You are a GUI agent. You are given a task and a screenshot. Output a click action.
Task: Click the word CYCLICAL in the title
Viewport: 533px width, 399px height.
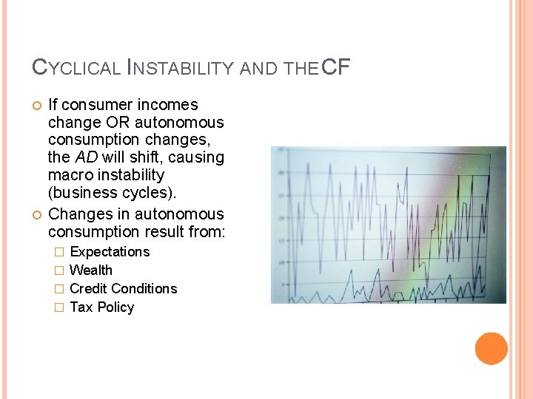tap(76, 69)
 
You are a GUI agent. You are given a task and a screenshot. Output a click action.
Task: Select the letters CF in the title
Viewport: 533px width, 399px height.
tap(336, 68)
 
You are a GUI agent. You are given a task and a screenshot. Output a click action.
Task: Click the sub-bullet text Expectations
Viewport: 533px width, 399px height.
tap(110, 252)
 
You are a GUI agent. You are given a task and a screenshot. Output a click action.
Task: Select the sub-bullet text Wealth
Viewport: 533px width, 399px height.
tap(91, 270)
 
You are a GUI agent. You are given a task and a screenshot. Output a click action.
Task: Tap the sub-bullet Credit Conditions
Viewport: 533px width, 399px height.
tap(124, 289)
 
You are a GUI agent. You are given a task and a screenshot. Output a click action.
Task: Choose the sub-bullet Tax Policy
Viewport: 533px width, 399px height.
tap(102, 307)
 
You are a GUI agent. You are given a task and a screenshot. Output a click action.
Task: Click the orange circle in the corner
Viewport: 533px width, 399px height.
tap(492, 349)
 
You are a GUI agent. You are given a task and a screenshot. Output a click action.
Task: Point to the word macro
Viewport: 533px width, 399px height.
tap(67, 175)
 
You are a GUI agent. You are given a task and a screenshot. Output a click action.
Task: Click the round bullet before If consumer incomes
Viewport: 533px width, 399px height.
tap(36, 105)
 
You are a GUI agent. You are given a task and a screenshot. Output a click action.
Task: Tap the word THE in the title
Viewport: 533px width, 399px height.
tap(301, 69)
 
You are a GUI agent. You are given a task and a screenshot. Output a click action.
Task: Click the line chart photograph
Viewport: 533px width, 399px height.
tap(389, 225)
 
